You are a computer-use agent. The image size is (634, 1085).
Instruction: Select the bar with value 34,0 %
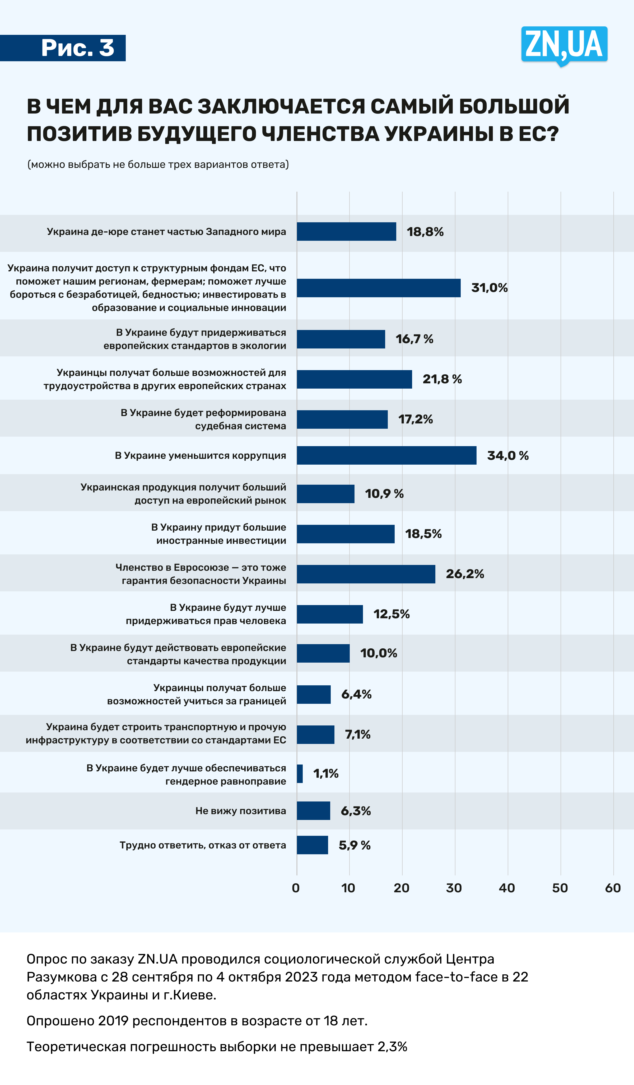click(x=386, y=456)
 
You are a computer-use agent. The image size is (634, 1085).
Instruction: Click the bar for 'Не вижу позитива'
click(x=313, y=811)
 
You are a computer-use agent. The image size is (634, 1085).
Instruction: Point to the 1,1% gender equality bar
click(x=300, y=774)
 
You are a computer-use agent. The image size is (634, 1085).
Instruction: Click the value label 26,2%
click(x=465, y=574)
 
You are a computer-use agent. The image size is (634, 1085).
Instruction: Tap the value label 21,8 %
click(x=442, y=379)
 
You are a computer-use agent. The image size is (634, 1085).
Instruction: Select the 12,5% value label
click(x=391, y=614)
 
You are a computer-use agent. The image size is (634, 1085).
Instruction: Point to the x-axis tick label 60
click(x=612, y=888)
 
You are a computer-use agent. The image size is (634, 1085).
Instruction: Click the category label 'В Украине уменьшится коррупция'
click(x=200, y=456)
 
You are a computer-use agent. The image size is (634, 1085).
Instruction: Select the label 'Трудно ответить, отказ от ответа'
click(x=203, y=845)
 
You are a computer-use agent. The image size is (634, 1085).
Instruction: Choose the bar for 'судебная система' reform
click(x=342, y=419)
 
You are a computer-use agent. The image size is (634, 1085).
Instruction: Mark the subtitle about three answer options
click(x=158, y=164)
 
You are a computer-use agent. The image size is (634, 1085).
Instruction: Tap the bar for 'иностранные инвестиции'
click(x=346, y=534)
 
